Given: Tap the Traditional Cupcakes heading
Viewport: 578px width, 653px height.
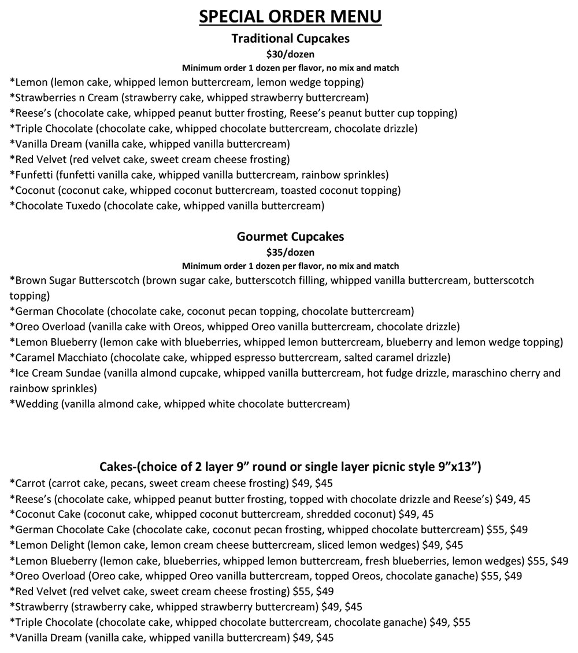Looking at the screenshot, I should [290, 39].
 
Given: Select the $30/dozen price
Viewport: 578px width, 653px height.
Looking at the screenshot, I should [290, 54].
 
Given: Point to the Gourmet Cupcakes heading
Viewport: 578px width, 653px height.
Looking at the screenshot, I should [290, 237].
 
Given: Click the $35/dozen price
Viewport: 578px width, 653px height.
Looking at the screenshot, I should [290, 252].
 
